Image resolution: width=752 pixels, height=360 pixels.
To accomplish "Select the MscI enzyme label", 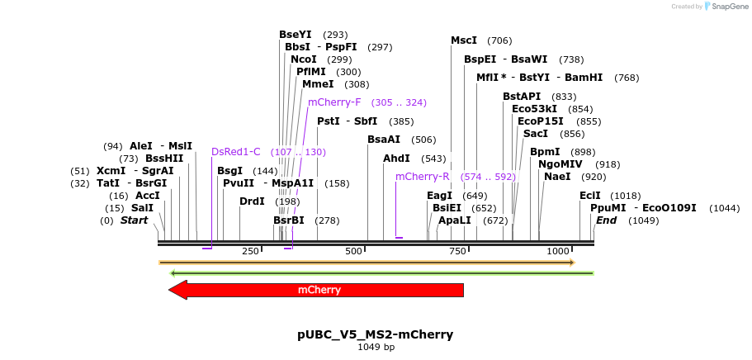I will tap(464, 40).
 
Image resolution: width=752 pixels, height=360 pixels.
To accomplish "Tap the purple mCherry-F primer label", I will tap(334, 102).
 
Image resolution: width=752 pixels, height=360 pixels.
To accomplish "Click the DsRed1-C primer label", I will tap(236, 152).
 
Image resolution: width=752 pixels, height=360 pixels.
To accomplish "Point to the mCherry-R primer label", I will tap(422, 177).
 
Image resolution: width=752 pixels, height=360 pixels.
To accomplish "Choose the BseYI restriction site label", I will tap(296, 35).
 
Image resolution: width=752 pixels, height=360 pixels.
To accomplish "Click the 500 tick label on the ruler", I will tap(353, 251).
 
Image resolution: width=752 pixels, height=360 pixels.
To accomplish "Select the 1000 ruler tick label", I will tap(558, 251).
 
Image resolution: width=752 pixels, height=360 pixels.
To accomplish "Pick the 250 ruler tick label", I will tap(250, 251).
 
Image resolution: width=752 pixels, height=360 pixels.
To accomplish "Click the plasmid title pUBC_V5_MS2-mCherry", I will tap(375, 334).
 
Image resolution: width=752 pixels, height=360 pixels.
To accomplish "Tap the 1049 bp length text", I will tap(376, 348).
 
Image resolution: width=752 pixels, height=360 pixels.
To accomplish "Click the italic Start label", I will tap(134, 220).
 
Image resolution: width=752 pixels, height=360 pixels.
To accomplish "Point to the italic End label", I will tap(606, 220).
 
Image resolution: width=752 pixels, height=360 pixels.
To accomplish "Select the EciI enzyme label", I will tap(590, 196).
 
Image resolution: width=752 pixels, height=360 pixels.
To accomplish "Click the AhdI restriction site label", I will tap(396, 159).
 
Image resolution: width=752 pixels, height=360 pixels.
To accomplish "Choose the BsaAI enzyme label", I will tap(384, 140).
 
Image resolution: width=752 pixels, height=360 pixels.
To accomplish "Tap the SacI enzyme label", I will tap(536, 134).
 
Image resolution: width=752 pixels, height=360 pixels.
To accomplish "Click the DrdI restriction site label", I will tap(252, 201).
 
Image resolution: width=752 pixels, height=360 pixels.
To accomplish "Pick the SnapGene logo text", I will tap(727, 7).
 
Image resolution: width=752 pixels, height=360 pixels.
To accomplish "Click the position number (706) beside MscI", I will tap(499, 40).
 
